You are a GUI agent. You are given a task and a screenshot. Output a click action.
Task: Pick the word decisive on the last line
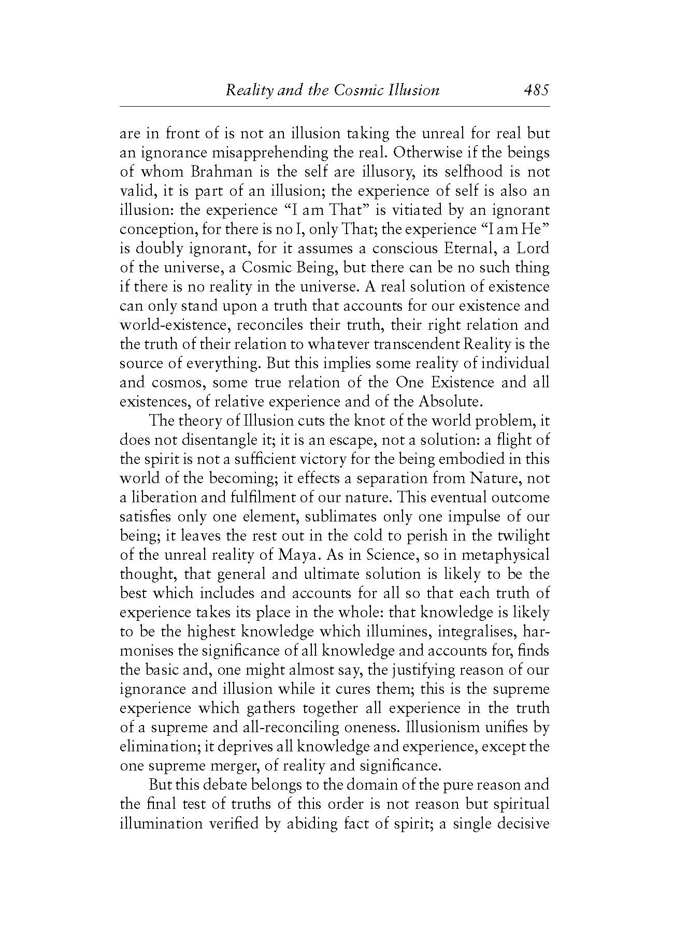point(523,823)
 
